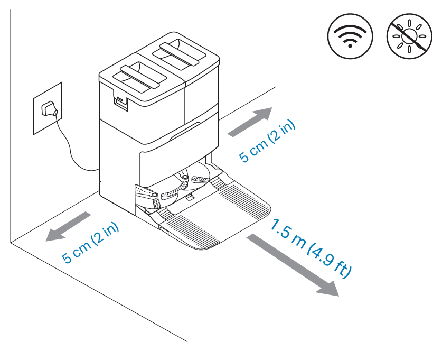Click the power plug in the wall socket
click(50, 108)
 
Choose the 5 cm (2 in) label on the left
click(91, 241)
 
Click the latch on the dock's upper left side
click(121, 101)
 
